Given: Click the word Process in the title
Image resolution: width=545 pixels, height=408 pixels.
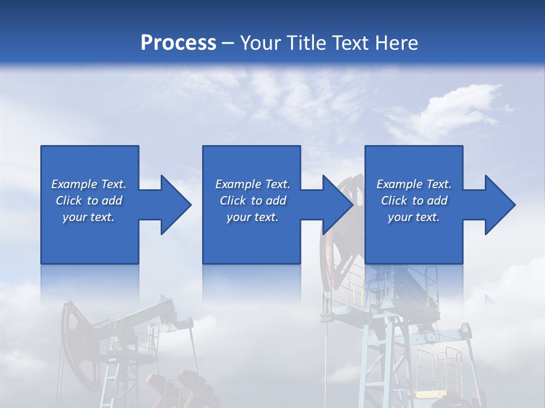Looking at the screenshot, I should point(178,42).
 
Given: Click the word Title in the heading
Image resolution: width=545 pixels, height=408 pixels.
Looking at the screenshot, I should point(306,42).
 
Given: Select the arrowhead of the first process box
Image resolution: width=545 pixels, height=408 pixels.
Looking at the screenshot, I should point(175,205).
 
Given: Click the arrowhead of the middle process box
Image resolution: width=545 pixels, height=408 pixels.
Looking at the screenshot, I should point(338,205).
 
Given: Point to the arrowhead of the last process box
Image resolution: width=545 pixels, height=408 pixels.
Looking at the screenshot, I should point(500,205).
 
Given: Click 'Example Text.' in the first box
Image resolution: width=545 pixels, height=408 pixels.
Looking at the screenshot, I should point(89,184).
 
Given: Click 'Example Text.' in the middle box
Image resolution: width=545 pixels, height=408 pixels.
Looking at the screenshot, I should point(253,184).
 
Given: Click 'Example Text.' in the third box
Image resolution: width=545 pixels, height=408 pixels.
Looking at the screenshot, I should point(414,184).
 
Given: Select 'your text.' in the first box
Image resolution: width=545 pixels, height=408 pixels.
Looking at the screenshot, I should point(89,217).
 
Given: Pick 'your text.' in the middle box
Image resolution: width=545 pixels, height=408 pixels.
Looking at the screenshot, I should point(253,217).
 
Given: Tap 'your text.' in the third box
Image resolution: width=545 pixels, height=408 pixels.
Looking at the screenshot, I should point(414,217).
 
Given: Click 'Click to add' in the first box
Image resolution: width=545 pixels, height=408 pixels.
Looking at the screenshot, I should point(89,201).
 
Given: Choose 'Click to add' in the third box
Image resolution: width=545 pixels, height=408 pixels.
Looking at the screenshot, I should point(414,201).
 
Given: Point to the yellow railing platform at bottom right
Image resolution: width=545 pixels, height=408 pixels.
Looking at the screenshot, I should point(440,368).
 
